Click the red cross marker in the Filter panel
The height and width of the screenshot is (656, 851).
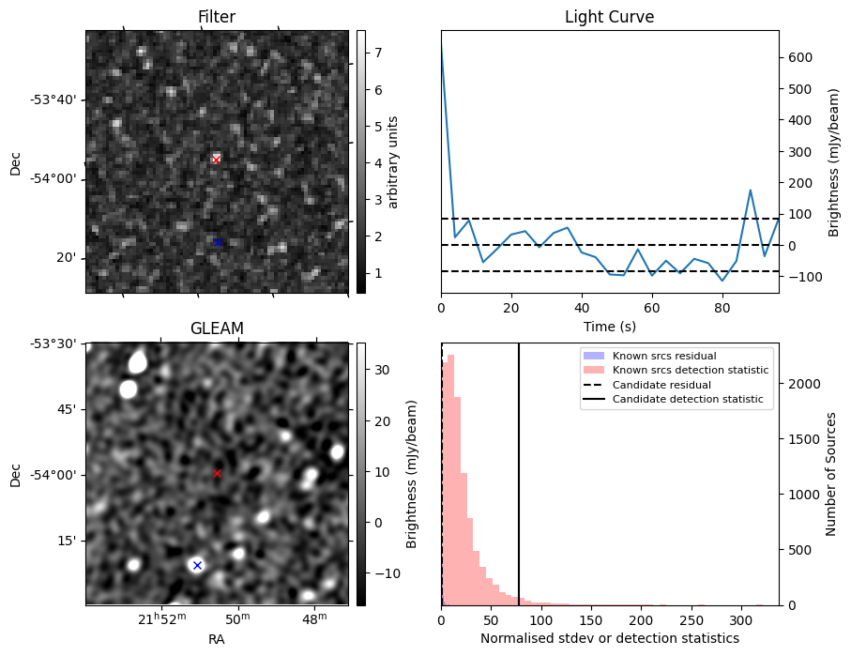216,160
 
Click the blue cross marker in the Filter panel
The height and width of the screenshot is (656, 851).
218,242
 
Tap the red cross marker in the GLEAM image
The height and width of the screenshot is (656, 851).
217,474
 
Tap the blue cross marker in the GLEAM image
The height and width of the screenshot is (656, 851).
197,565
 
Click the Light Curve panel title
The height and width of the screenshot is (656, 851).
609,17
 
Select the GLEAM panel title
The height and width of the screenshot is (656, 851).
217,328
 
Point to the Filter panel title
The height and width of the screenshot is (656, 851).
217,17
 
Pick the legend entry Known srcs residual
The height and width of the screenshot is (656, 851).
664,356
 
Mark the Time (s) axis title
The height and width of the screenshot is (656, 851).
609,325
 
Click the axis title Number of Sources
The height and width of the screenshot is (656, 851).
831,474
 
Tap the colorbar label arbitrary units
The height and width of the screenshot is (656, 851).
393,161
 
